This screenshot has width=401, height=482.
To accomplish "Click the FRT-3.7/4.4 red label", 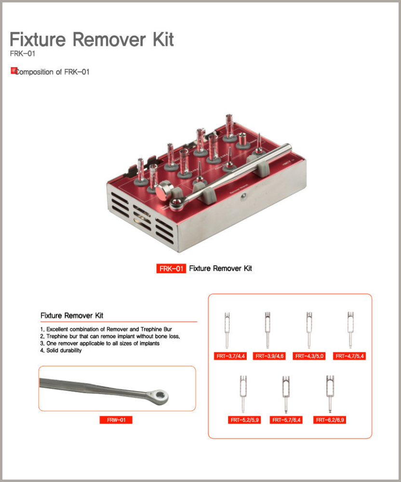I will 230,356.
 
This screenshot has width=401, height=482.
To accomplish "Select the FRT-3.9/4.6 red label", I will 269,356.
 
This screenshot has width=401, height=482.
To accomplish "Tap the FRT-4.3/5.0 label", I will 309,356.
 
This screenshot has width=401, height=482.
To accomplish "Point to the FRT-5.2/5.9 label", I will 244,420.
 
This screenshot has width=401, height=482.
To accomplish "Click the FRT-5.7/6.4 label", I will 286,420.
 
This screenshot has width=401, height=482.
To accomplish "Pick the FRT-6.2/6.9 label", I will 330,420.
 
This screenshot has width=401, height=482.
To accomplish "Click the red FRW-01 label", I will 116,420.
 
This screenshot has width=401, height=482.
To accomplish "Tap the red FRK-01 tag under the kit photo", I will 171,269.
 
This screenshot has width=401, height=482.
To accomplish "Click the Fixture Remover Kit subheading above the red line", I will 72,316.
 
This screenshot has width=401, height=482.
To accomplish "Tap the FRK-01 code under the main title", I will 22,54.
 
